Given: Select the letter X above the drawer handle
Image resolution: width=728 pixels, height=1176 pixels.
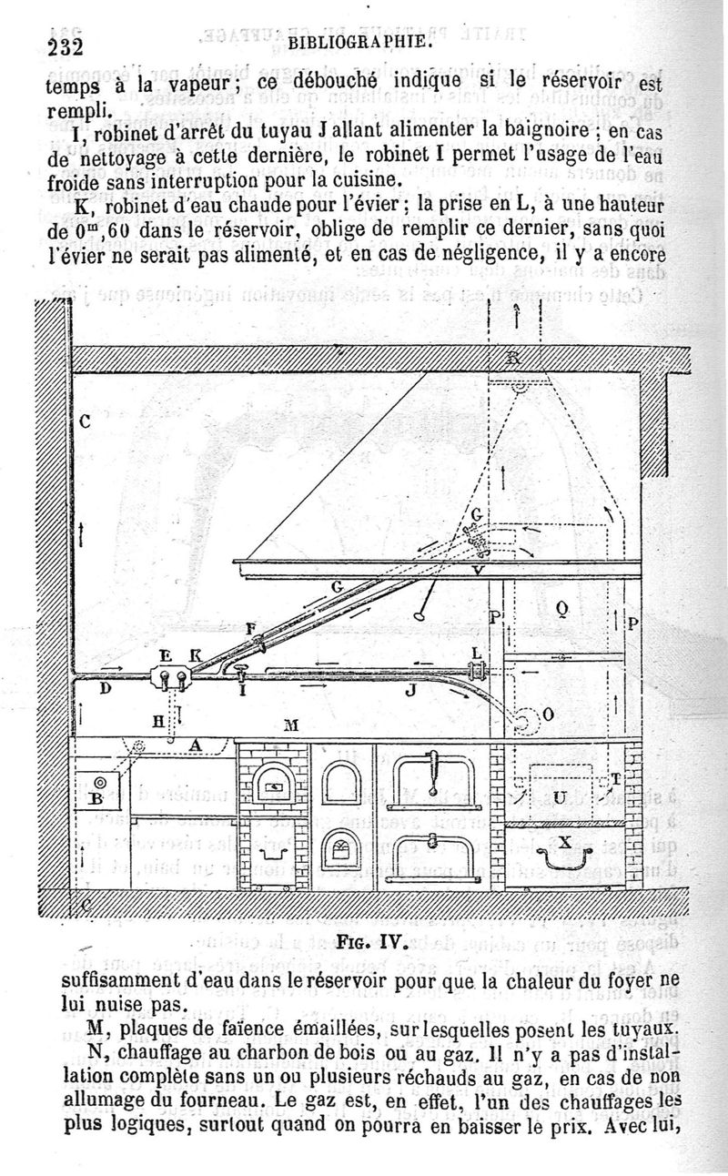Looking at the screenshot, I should click(564, 842).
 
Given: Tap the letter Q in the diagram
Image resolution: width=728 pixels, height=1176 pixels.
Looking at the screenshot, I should click(561, 609).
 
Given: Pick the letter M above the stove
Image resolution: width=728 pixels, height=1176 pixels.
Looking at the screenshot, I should click(291, 725).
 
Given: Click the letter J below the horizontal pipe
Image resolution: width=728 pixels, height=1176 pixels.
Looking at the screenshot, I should click(410, 691).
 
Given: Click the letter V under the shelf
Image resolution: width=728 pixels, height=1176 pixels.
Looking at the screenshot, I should click(479, 571).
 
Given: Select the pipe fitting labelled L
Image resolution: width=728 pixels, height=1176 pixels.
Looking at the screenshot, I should click(474, 672).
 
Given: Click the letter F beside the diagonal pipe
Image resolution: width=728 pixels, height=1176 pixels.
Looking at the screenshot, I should click(250, 628).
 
